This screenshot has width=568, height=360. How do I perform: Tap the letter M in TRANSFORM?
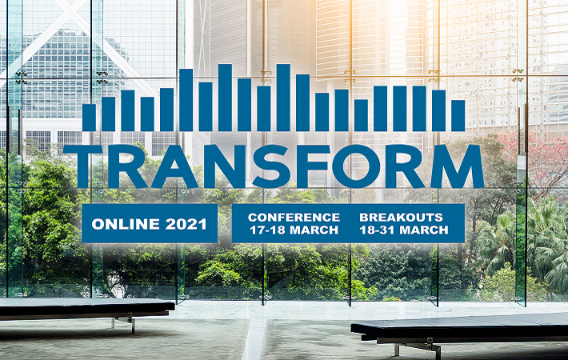(x=457, y=166)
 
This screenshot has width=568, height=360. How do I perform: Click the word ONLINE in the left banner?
(x=126, y=224)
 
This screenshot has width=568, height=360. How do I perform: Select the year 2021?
(x=186, y=224)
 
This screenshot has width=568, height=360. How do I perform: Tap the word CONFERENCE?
(x=294, y=218)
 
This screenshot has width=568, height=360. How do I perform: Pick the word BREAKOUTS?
(x=401, y=218)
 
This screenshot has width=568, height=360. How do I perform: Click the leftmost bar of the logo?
(x=89, y=118)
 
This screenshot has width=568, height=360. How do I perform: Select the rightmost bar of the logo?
(x=458, y=115)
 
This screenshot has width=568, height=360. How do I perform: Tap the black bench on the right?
(x=459, y=328)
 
